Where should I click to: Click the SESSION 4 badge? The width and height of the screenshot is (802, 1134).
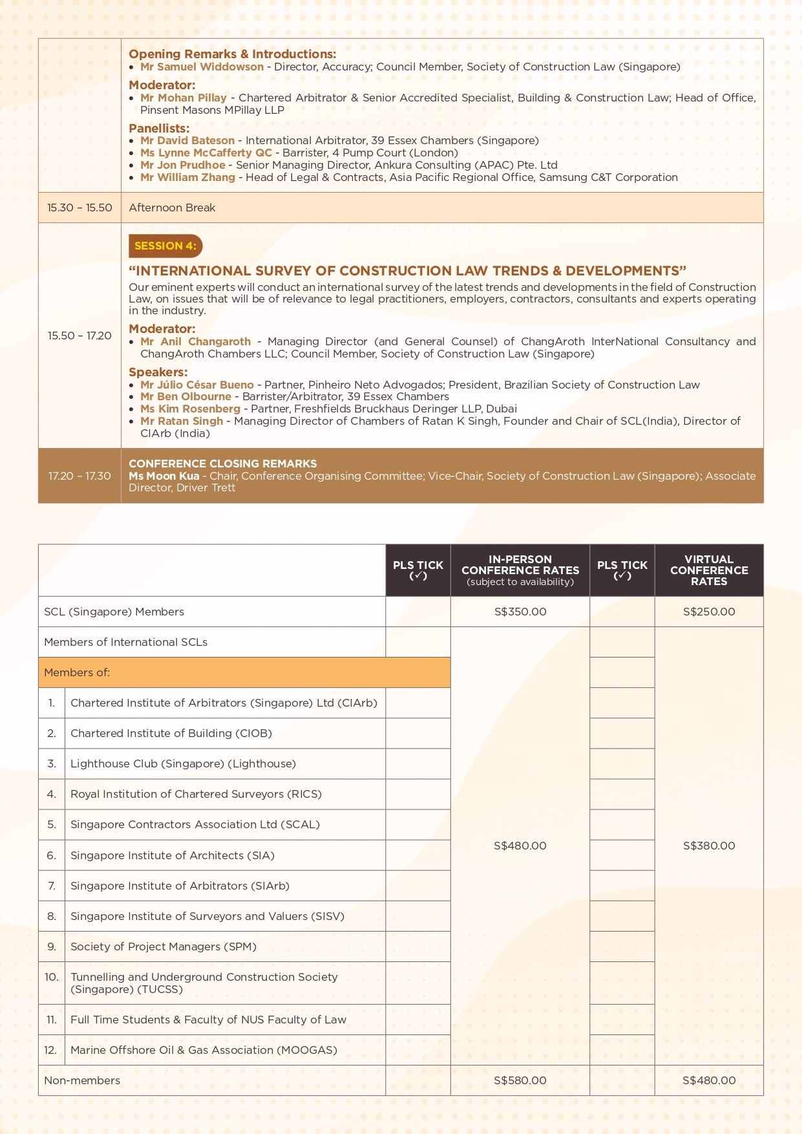(x=165, y=246)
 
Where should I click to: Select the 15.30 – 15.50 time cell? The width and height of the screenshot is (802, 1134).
(x=79, y=208)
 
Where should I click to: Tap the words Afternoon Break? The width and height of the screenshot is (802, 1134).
(x=172, y=208)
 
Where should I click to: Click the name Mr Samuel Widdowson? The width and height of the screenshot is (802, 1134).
(x=202, y=67)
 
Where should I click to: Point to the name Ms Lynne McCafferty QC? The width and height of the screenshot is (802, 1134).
(x=206, y=153)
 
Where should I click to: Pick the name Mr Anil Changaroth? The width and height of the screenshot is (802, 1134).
(x=196, y=341)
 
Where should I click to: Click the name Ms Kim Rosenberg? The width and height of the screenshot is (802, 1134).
(x=190, y=409)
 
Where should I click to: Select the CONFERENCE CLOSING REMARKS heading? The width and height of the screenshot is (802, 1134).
(x=223, y=464)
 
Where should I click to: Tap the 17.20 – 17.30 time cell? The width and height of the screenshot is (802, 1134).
(x=79, y=476)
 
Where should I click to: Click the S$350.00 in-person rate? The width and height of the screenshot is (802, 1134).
(x=520, y=612)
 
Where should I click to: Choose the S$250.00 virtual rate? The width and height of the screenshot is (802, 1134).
(x=709, y=612)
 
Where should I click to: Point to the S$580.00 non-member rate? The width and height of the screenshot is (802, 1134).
(x=520, y=1080)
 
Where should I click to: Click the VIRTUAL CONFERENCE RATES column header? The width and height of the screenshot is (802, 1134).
(x=709, y=570)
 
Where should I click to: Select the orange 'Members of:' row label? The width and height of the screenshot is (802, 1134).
(x=77, y=672)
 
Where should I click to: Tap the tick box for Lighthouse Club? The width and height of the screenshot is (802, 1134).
(x=418, y=764)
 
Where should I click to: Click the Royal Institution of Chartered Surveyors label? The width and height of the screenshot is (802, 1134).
(x=196, y=794)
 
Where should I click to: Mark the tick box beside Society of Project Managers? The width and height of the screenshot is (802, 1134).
(x=418, y=947)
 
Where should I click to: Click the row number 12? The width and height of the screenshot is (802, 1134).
(x=51, y=1050)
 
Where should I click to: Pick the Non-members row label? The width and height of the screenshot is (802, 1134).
(x=82, y=1080)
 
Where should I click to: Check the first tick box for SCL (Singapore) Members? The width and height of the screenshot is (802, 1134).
(x=418, y=612)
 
